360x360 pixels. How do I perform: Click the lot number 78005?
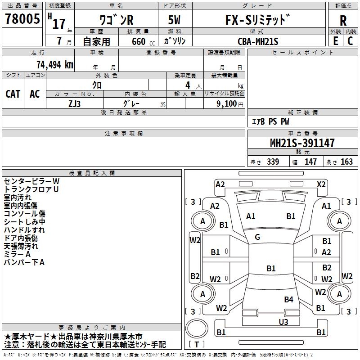[22, 19]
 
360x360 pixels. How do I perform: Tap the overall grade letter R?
[343, 21]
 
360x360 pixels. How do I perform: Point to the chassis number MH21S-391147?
[302, 143]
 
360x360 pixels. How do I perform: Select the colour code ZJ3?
[75, 103]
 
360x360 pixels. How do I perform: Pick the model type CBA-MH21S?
[258, 41]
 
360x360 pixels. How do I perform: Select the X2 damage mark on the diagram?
[321, 184]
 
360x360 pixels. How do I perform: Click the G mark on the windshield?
[257, 237]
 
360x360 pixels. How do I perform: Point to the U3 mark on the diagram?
[283, 321]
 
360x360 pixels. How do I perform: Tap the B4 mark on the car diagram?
[288, 299]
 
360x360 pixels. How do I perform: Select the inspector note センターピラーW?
[31, 181]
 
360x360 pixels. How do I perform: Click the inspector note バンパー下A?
[24, 262]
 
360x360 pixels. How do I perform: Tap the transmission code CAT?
[13, 94]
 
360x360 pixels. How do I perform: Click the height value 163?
[347, 162]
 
